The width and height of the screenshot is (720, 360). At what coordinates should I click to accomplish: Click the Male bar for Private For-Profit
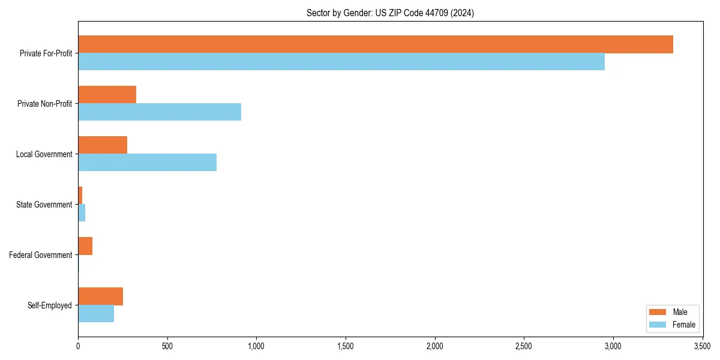pos(375,44)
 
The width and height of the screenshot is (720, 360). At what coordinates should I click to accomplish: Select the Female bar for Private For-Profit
pos(341,62)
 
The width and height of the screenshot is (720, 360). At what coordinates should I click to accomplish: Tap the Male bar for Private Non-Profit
pos(107,95)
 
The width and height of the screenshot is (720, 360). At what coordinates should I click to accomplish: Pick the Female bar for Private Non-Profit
pos(159,112)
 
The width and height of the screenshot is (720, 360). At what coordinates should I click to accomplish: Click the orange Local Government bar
pos(102,145)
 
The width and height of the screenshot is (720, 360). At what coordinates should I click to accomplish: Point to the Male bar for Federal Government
pos(85,246)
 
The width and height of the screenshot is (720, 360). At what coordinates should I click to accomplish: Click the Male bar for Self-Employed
pos(100,296)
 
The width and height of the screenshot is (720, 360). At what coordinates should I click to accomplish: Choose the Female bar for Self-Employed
pos(95,314)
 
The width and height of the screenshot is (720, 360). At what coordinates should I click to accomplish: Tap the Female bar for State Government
pos(82,213)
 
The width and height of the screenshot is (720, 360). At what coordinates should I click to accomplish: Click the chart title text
pos(390,13)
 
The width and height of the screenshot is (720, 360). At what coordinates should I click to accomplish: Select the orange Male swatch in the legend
pos(658,312)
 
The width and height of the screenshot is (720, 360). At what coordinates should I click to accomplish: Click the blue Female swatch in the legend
pos(658,325)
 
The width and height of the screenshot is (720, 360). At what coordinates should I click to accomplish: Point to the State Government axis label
pos(44,205)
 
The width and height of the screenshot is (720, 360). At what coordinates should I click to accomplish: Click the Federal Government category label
pos(41,255)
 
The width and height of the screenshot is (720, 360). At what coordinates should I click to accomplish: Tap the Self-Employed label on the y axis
pos(49,305)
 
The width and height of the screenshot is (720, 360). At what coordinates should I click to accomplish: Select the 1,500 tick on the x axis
pos(346,346)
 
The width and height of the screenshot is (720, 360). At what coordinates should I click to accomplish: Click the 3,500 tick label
pos(702,346)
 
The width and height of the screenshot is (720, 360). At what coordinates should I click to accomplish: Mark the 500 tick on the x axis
pos(167,346)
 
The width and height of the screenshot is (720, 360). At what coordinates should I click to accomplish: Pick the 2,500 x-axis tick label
pos(524,346)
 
